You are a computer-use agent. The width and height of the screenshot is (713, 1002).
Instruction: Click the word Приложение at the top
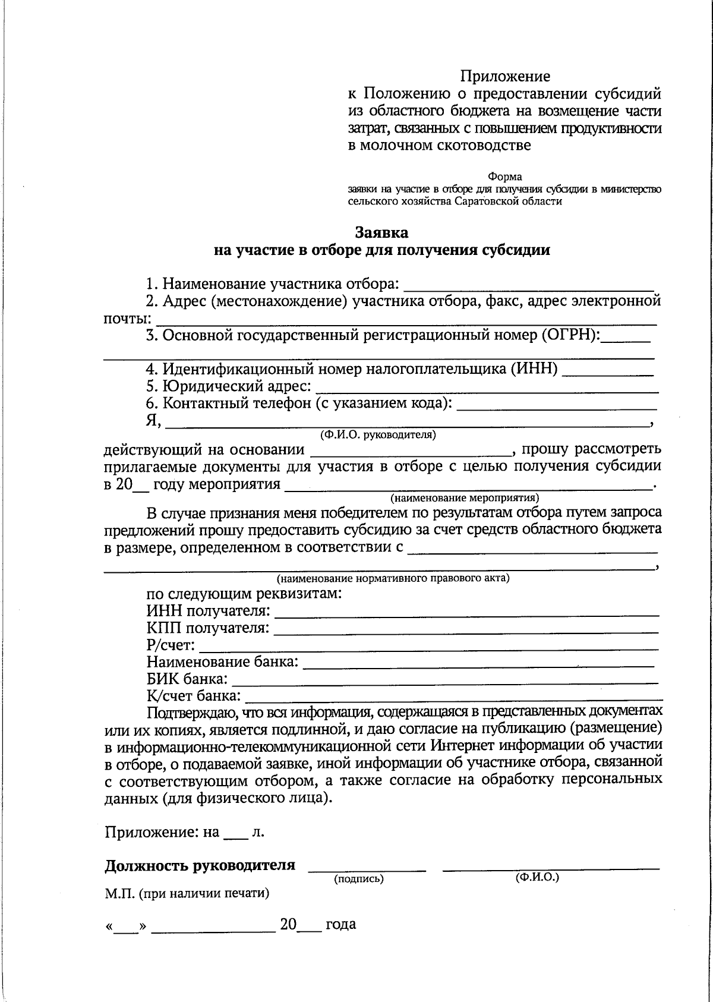[x=505, y=77]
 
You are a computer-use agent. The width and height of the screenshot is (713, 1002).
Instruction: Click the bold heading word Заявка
[x=381, y=232]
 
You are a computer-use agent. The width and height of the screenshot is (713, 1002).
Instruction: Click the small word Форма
[x=504, y=177]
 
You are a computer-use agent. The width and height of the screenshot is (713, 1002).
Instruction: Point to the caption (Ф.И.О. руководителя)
[x=378, y=434]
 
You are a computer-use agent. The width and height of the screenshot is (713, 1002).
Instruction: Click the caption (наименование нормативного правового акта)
[x=393, y=578]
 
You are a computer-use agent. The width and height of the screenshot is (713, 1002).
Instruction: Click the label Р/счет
[x=171, y=645]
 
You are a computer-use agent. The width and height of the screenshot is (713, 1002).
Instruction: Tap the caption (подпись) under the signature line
[x=359, y=878]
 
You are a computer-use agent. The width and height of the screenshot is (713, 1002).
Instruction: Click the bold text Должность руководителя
[x=200, y=865]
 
